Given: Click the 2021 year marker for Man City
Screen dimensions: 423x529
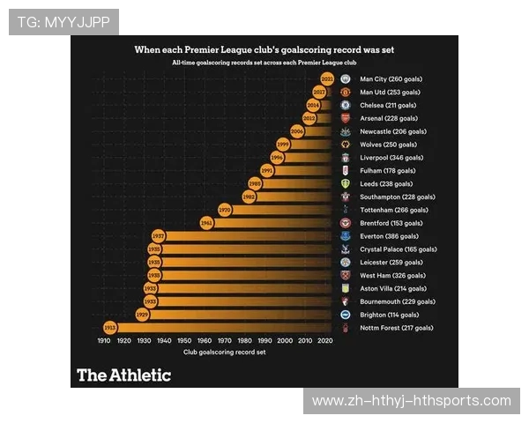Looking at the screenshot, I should pos(327,78).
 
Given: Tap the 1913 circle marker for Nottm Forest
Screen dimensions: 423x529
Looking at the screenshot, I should pos(110,328).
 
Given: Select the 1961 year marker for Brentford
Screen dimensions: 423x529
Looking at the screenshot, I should pos(206,223).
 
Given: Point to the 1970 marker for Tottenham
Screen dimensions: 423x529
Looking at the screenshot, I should pos(225,210).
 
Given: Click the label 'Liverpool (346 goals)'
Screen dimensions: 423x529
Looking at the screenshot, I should pos(389,158).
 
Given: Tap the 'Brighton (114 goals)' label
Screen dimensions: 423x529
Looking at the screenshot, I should pos(390,315).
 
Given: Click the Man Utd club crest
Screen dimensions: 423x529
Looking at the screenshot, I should pos(346,92).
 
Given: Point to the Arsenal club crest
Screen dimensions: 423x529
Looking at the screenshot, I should pos(346,118).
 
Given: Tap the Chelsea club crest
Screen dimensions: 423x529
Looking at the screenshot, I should pos(346,105).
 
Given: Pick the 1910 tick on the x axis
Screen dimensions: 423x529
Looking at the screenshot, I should pos(104,340).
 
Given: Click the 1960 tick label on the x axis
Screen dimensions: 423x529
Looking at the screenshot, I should pos(205,340).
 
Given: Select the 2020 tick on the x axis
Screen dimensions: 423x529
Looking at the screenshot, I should pos(325,340).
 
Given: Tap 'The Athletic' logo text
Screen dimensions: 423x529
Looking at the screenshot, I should pos(123,375).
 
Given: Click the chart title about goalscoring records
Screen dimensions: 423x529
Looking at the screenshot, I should pos(264,50).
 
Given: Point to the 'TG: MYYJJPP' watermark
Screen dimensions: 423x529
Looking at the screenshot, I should pos(63,21).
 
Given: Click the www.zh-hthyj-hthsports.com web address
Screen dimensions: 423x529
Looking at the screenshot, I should pos(412,401).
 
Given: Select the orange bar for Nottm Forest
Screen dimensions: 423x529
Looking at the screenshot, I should pos(220,328).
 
